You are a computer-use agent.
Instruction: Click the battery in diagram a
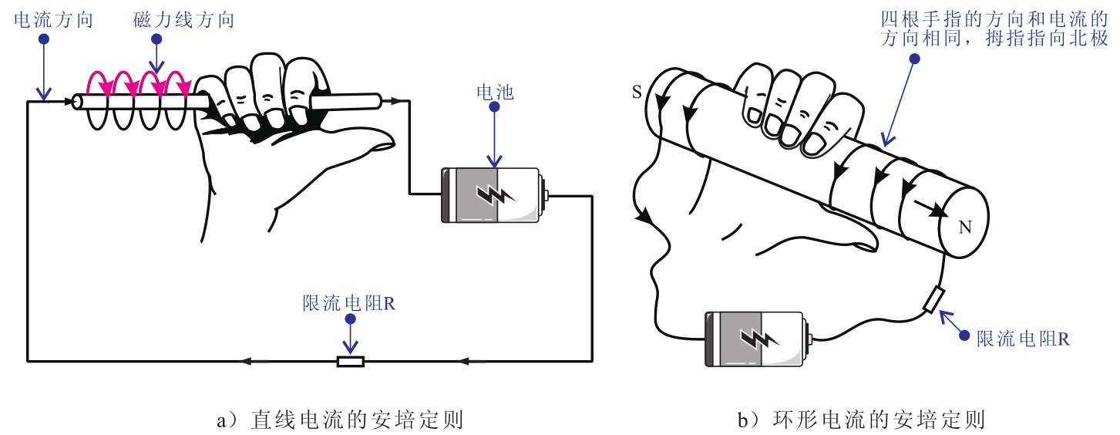point(493,196)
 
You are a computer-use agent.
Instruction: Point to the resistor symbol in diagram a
point(351,360)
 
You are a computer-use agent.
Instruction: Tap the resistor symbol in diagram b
point(933,300)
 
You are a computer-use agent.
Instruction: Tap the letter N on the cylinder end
point(964,227)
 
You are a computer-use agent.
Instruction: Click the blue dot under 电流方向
point(43,38)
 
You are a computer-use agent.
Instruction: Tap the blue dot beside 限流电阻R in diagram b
point(965,333)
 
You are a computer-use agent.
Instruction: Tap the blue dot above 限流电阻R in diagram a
point(351,319)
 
